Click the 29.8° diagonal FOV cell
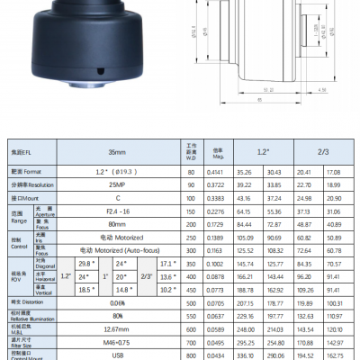pyautogui.click(x=88, y=262)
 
